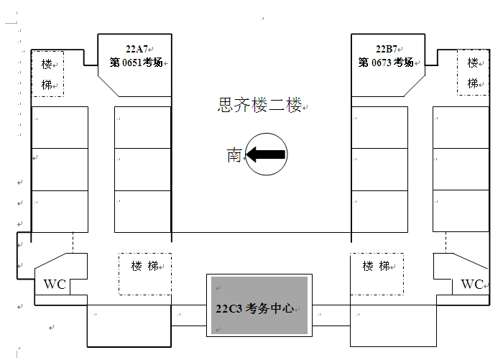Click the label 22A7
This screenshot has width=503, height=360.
136,50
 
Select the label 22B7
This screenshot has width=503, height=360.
386,50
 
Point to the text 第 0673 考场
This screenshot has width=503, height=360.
386,63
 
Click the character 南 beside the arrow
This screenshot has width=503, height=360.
234,154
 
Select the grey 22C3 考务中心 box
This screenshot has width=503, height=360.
259,305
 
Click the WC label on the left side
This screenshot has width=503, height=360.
55,285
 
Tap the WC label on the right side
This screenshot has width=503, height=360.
472,285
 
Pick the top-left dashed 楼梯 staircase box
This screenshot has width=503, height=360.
47,73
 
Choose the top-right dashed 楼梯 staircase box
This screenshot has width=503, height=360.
473,73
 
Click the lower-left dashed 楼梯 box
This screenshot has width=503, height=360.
144,273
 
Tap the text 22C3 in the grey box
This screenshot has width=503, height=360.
229,309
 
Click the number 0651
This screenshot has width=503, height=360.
131,63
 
